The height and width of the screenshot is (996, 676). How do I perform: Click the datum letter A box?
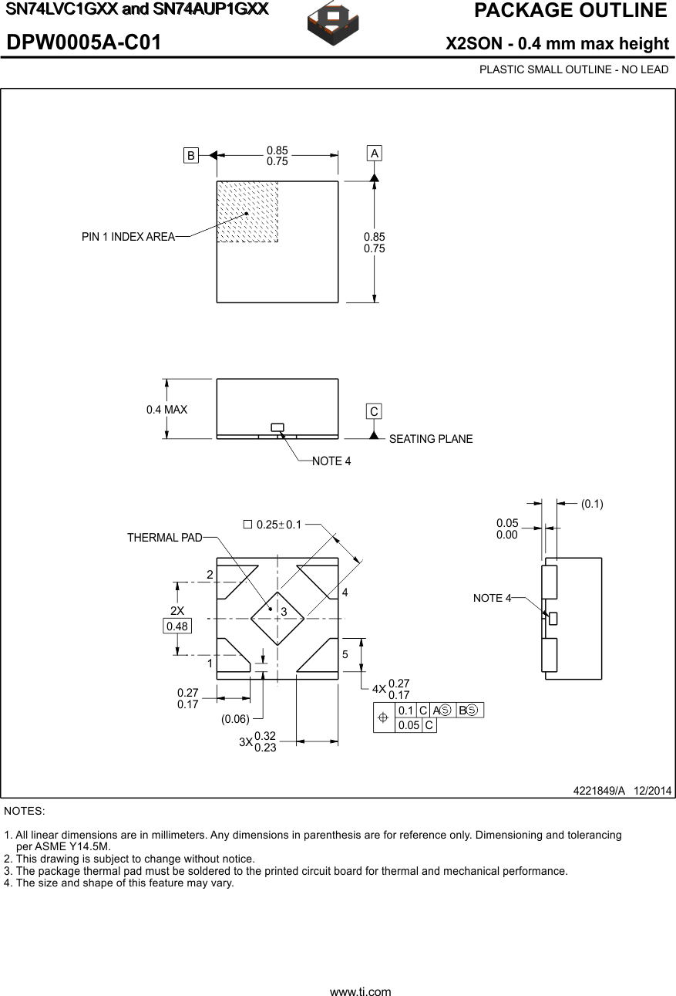(x=374, y=154)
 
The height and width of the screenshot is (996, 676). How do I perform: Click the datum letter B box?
(x=190, y=155)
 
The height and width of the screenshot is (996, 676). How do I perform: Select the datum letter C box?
(x=374, y=412)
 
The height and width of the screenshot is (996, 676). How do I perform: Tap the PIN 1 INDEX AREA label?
(x=128, y=237)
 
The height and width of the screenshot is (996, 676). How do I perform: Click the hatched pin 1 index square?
(x=247, y=212)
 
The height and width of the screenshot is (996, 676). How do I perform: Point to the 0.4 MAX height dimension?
(x=166, y=410)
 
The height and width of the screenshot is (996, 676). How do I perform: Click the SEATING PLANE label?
(x=430, y=439)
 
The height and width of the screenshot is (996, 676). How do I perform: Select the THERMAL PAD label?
(x=164, y=538)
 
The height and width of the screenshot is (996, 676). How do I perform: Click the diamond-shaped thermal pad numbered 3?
(x=277, y=618)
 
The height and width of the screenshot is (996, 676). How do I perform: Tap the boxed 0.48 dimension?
(x=177, y=626)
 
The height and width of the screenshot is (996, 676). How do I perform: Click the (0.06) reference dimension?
(x=235, y=719)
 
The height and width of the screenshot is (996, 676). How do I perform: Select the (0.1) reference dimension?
(x=592, y=504)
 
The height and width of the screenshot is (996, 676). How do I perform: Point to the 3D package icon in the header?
(x=333, y=25)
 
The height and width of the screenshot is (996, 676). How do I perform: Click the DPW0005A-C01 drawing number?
(x=84, y=43)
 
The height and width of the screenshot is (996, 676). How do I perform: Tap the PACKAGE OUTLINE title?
(x=570, y=11)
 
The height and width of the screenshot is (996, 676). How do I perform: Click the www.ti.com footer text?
(x=360, y=992)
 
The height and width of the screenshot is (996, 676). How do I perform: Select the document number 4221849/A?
(x=599, y=791)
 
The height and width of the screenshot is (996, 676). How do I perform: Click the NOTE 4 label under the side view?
(x=331, y=461)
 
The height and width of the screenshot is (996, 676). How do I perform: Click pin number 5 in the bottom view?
(x=345, y=654)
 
